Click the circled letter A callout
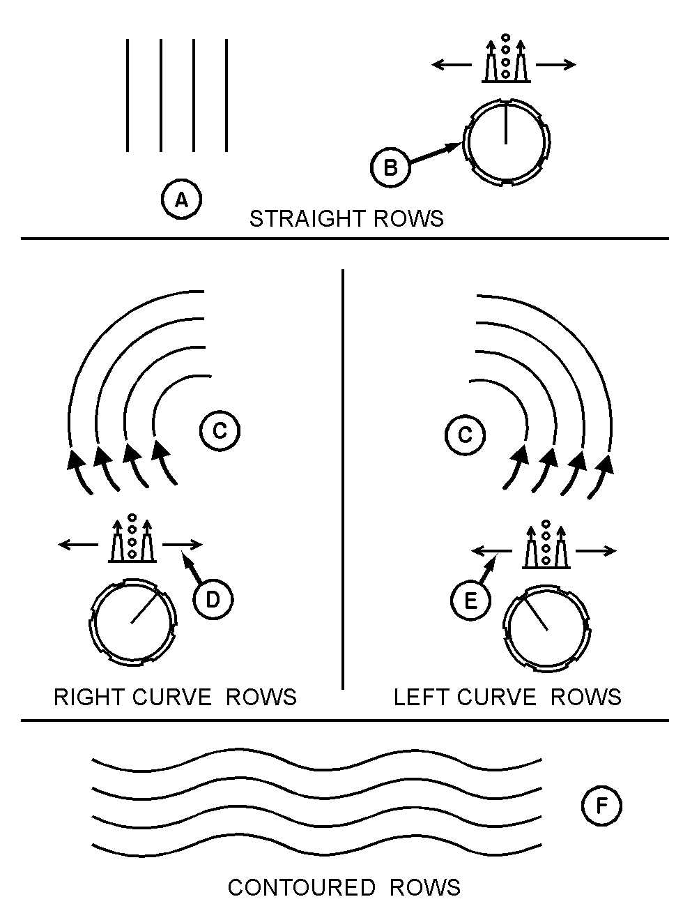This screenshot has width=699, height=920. point(181,200)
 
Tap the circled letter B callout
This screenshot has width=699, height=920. point(390,167)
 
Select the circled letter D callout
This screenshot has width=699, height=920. point(213,599)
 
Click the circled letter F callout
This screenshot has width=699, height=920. point(601,806)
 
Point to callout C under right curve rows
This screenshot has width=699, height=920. point(220,431)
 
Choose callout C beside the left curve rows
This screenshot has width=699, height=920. point(465,435)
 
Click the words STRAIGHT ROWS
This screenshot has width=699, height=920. point(346,219)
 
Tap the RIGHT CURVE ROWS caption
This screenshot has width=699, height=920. point(175,697)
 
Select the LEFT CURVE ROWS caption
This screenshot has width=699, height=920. point(507,697)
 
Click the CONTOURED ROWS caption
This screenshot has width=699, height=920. point(344,887)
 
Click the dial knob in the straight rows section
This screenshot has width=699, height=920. point(506,143)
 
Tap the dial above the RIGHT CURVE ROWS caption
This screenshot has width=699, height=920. point(132,621)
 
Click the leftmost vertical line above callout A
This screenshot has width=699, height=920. point(128,95)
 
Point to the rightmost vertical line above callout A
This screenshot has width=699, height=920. point(227,95)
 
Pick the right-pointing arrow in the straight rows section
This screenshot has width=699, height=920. point(556,65)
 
